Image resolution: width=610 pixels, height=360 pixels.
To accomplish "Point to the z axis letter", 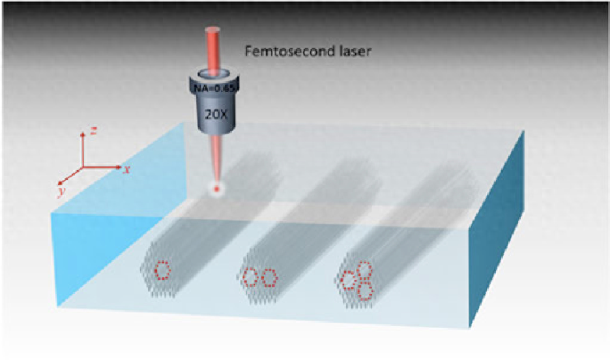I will (94, 130).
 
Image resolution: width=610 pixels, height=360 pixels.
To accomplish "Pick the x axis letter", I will (127, 168).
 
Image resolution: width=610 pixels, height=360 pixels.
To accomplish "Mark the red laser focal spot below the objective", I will (215, 189).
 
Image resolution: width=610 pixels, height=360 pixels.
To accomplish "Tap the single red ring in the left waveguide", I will (162, 269).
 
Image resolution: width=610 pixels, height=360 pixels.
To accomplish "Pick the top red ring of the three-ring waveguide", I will (364, 269).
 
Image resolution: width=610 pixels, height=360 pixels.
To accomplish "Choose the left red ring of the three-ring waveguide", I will (349, 280).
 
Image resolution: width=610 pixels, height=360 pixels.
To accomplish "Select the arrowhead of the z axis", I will (83, 133).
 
